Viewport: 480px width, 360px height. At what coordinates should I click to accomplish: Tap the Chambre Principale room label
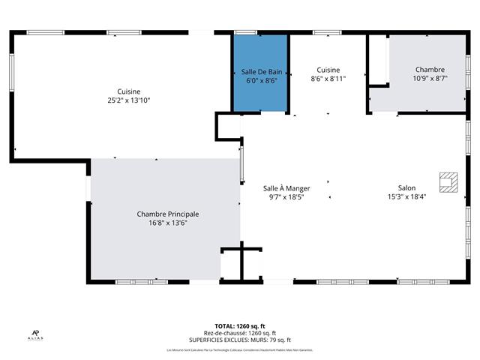[167, 214]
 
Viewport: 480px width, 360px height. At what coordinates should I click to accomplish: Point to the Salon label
[406, 188]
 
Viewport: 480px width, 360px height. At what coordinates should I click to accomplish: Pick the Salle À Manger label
[286, 188]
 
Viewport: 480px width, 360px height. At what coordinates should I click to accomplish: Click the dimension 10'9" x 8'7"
[430, 78]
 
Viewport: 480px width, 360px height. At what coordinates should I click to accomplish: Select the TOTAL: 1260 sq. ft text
[240, 327]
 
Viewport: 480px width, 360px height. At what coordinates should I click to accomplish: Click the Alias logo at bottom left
[35, 334]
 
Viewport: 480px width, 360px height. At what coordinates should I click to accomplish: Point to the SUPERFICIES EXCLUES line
[240, 340]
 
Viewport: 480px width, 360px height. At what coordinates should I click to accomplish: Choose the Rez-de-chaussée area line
[240, 334]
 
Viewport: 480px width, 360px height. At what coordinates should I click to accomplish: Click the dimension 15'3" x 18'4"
[406, 197]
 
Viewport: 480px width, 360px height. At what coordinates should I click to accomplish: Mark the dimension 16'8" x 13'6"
[167, 223]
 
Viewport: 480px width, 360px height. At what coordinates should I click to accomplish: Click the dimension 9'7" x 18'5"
[286, 197]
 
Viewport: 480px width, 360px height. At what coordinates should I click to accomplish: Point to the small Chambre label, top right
[430, 69]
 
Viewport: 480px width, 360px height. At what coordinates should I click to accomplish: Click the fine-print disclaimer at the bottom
[240, 350]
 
